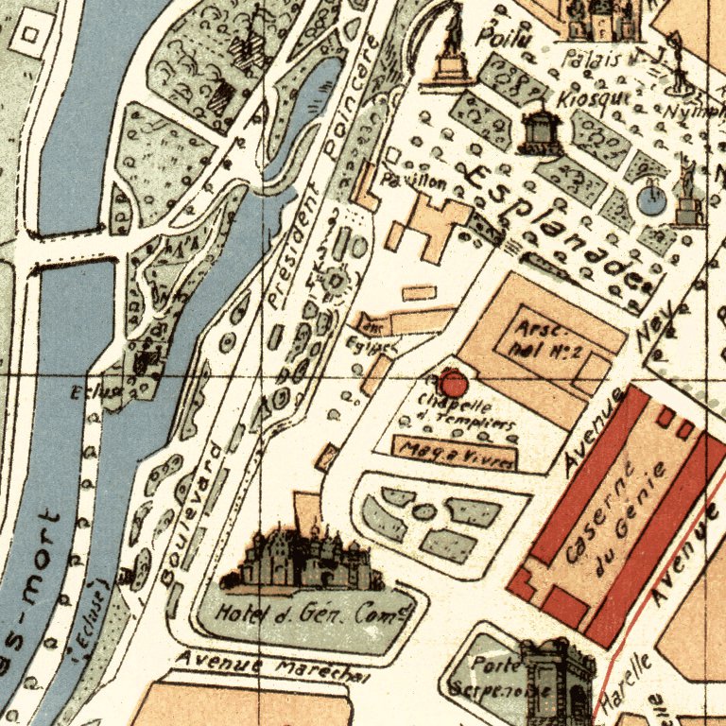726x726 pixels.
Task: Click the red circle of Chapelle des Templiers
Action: (453, 384)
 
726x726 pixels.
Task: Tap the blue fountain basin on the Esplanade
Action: (650, 199)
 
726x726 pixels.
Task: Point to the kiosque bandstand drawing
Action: (540, 129)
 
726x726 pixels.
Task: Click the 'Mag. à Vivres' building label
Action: (456, 455)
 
